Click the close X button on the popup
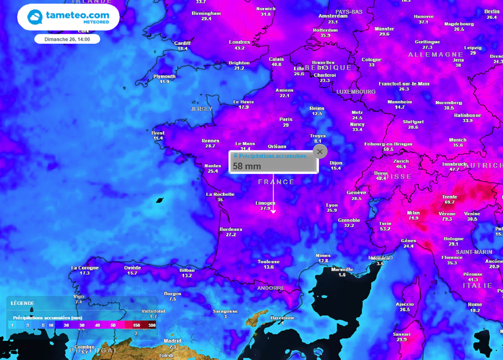tap(320, 152)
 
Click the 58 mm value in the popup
tap(247, 166)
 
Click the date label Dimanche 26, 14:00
tap(67, 39)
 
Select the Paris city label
tap(286, 119)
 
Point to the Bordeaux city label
tap(231, 229)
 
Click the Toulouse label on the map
tap(269, 262)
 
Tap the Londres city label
tap(240, 42)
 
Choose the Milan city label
tap(413, 213)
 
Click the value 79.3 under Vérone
tap(447, 219)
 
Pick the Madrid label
tap(172, 341)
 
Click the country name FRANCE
tap(277, 182)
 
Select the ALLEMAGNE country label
tap(436, 55)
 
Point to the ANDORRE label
tap(271, 288)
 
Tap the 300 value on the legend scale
tap(152, 325)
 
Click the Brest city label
tap(158, 133)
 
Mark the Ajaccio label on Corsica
tap(405, 304)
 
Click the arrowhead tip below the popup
tap(274, 212)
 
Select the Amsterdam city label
tap(333, 16)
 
